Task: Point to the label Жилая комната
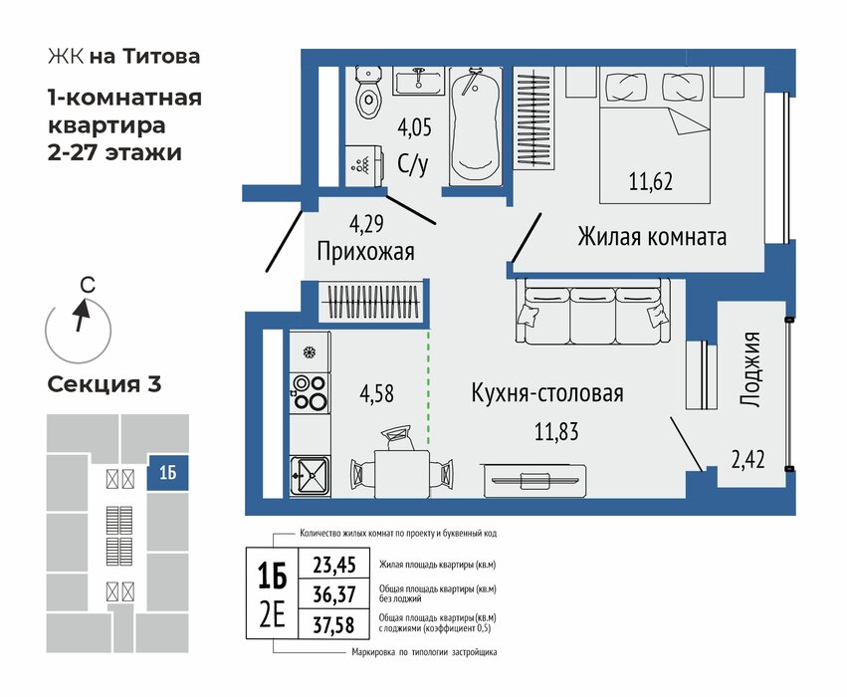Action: pos(652,237)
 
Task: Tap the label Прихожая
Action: pos(365,252)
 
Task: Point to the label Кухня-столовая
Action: pos(547,393)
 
